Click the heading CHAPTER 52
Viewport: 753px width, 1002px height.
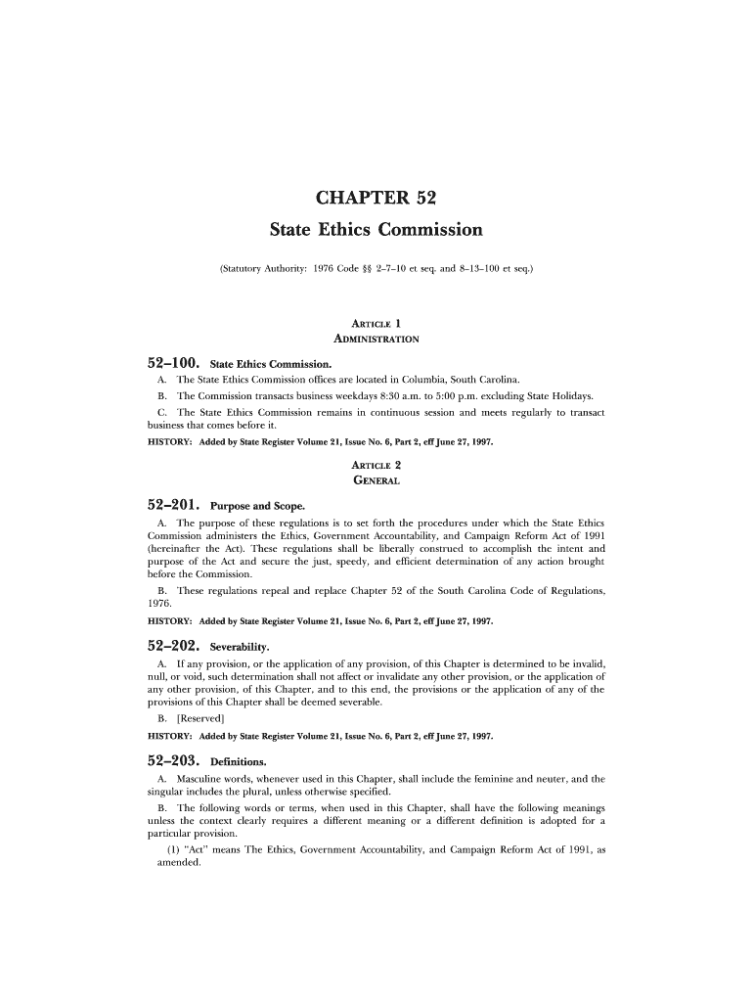pos(376,200)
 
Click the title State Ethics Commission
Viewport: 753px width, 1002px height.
pos(376,231)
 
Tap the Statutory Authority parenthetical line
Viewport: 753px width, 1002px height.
pos(376,266)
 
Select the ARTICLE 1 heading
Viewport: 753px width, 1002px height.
pos(376,323)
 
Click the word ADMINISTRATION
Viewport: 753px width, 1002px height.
pos(376,339)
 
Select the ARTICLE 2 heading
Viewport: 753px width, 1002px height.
pos(376,465)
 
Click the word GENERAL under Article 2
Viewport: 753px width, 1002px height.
pos(376,480)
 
